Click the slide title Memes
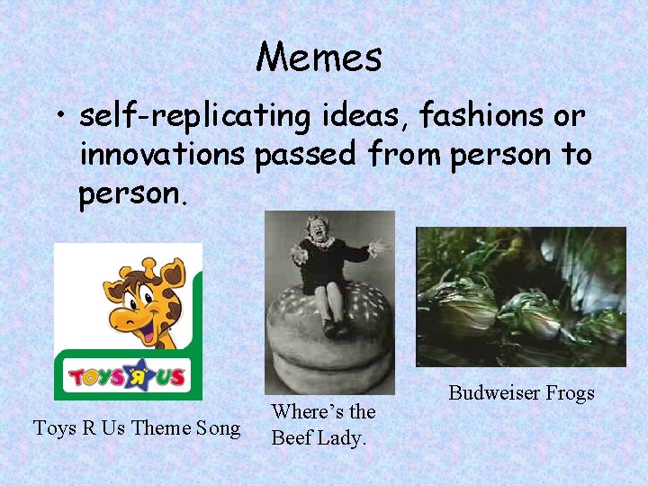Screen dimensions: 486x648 tap(319, 58)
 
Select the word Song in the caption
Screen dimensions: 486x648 tap(220, 428)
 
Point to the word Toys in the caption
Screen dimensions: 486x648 tap(54, 427)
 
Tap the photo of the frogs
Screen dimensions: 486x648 tap(520, 296)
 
